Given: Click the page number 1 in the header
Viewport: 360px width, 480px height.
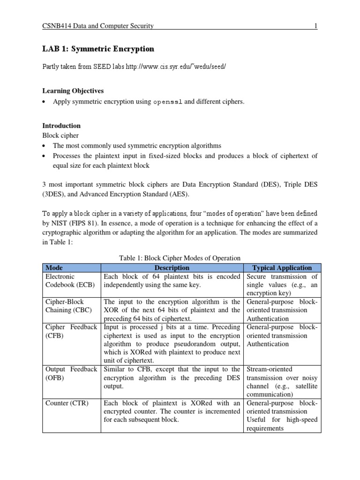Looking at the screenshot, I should point(316,26).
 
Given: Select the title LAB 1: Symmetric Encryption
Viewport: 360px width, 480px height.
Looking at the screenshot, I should point(98,49).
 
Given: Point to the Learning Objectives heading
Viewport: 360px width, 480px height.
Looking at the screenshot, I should point(73,90).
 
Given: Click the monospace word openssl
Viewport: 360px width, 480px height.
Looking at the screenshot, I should point(168,102).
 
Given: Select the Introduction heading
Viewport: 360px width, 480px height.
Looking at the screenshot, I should point(61,126).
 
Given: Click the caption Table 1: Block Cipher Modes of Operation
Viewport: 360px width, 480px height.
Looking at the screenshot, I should point(180,258).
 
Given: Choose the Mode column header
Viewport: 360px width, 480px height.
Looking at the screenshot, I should point(53,268).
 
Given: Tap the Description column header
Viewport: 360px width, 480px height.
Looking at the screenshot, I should point(172,268).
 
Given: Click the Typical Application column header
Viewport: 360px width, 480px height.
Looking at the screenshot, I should point(282,268).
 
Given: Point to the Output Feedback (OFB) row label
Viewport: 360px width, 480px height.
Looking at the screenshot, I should point(71,373).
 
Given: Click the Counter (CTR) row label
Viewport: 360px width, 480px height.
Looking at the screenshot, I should point(67,403).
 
